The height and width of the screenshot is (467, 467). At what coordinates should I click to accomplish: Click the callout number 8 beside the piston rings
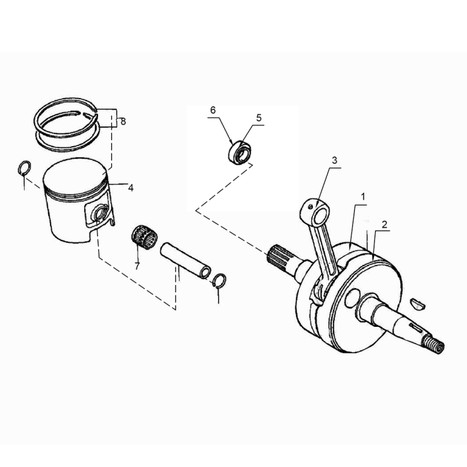point(123,121)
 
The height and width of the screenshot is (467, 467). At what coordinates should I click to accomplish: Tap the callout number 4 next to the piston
point(131,188)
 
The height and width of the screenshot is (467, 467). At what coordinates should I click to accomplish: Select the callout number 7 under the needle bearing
point(137,266)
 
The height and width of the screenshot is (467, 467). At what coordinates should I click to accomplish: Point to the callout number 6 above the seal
point(213,109)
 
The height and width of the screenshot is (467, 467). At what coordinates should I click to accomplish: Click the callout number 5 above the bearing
point(258,117)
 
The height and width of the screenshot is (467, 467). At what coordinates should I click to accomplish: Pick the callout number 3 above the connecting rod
point(334,160)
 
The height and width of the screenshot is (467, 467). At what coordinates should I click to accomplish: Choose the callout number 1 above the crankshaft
point(363,197)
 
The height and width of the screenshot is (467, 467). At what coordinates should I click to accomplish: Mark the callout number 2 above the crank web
point(384,224)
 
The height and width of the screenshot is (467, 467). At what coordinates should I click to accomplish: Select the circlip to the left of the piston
point(23,168)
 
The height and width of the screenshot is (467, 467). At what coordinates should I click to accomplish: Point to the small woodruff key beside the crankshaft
point(419,302)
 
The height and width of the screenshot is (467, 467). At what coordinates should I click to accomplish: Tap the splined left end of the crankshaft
point(278,256)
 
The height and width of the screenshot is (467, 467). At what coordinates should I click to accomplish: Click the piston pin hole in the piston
point(100,215)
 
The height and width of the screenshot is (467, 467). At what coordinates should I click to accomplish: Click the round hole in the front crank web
point(354,296)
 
